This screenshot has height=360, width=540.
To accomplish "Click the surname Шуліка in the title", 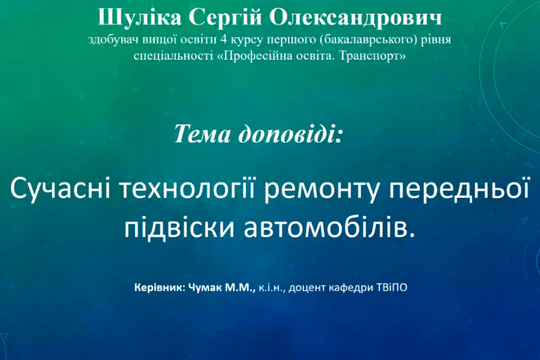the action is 140,18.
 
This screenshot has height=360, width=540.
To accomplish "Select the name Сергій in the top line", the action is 225,17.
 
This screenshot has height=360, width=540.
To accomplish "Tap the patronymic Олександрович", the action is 355,18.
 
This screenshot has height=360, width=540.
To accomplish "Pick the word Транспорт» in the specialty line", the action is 373,56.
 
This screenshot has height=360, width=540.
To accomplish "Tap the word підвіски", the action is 179,229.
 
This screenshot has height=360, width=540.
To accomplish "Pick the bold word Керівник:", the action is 160,287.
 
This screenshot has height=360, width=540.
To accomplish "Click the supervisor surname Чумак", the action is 206,287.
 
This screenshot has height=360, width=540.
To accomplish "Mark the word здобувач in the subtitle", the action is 112,40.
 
